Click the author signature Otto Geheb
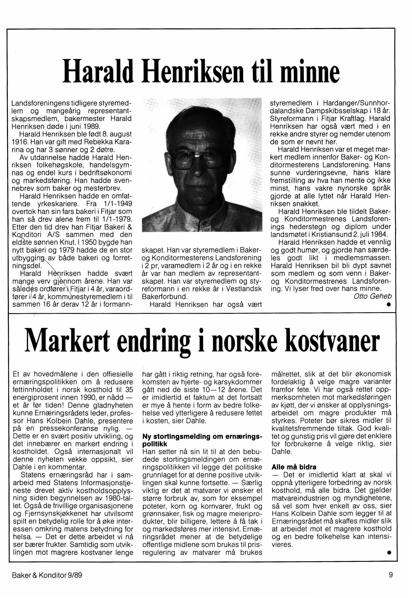click(x=372, y=296)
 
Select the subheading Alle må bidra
click(x=294, y=467)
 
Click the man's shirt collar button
click(x=201, y=220)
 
